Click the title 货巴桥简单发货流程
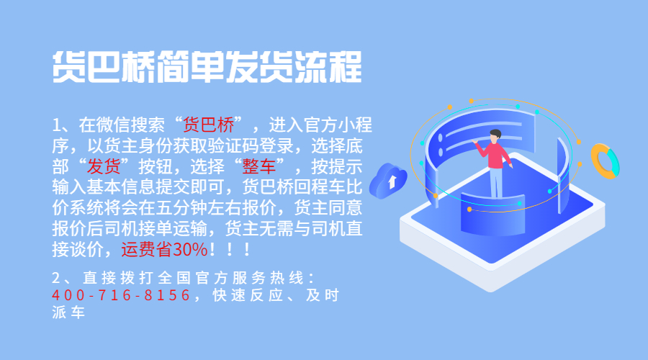coord(207,66)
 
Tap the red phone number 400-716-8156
coord(121,295)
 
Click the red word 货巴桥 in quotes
coord(208,125)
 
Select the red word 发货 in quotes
coord(104,166)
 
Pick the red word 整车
coord(258,166)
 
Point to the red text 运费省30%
coord(164,249)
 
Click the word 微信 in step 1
coord(113,125)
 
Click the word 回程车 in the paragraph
coord(319,186)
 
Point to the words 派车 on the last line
coord(68,312)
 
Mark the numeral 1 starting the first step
coord(57,125)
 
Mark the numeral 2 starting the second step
coord(56,278)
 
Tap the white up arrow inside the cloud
coord(392,181)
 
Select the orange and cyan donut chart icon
coord(604,161)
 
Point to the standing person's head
coord(495,136)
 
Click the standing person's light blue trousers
coord(496,182)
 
